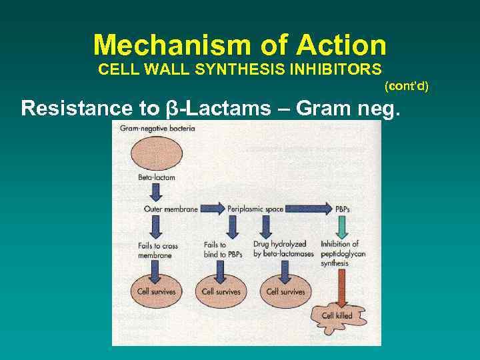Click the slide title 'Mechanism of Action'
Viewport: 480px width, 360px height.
pos(240,45)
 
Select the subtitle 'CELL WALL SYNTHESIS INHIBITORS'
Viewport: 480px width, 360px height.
pos(240,69)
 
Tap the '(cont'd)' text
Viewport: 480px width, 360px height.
pos(406,86)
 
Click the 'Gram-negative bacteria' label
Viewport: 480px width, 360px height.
pos(157,128)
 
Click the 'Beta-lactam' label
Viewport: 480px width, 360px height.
pos(157,178)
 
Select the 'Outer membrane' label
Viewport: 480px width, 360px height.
pos(171,209)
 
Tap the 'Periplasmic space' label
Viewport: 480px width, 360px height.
pos(255,209)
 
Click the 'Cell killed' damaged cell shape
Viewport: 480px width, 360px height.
pos(337,315)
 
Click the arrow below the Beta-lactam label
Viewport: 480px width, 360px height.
pos(157,193)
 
